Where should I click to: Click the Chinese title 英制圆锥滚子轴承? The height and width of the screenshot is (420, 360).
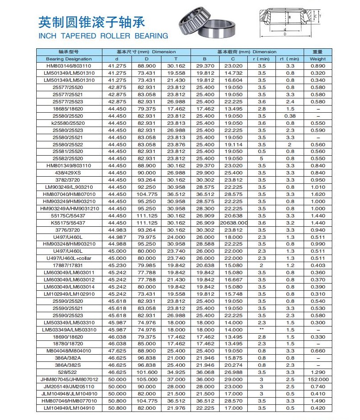[92, 21]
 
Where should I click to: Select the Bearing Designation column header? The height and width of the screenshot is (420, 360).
[68, 59]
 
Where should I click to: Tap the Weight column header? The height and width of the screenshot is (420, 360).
[318, 59]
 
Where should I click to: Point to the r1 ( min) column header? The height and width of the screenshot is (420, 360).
[289, 59]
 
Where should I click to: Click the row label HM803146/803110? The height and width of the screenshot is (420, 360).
[68, 66]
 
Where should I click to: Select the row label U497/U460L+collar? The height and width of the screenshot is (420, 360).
[68, 258]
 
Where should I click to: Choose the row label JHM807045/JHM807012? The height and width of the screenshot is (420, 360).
[68, 380]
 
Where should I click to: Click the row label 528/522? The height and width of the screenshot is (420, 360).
[68, 373]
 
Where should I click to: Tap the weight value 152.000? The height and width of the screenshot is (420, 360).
[318, 380]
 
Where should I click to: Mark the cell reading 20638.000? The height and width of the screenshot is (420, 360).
[233, 223]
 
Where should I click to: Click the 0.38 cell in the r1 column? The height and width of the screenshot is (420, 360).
[290, 116]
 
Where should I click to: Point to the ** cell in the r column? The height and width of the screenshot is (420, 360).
[262, 330]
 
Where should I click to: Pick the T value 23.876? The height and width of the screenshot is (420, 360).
[176, 144]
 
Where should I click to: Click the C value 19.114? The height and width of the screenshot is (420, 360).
[233, 144]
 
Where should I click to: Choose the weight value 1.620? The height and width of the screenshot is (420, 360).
[318, 195]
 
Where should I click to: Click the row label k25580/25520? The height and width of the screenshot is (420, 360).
[68, 123]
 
